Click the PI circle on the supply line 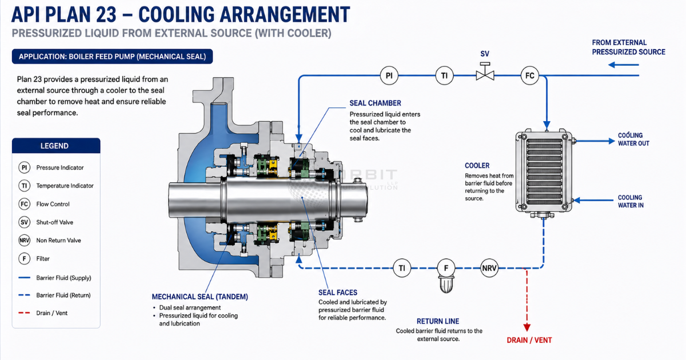click(x=389, y=75)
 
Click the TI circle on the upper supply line click(x=444, y=75)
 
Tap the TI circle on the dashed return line click(x=402, y=268)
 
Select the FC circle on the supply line click(x=530, y=75)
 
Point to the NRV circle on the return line click(x=489, y=268)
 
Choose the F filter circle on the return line click(x=446, y=268)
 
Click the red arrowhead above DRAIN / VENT click(x=527, y=327)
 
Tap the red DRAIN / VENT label click(x=529, y=340)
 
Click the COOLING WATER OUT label click(x=633, y=139)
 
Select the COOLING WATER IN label click(x=631, y=201)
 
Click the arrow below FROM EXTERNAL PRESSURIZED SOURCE click(x=624, y=65)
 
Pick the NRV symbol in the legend click(x=24, y=241)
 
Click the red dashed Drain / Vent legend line click(x=24, y=313)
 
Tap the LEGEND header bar click(x=56, y=146)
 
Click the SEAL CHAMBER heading click(x=375, y=103)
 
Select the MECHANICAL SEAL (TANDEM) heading click(x=200, y=297)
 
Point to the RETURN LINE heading click(x=438, y=321)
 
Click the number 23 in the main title click(x=106, y=14)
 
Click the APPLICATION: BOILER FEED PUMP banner click(x=113, y=57)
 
